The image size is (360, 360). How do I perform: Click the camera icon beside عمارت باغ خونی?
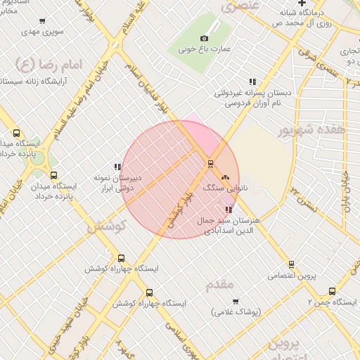click(x=204, y=38)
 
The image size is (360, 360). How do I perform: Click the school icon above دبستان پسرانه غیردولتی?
click(x=252, y=82)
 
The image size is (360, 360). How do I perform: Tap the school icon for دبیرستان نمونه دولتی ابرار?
click(x=117, y=167)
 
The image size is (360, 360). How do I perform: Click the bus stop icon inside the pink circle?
click(x=210, y=164)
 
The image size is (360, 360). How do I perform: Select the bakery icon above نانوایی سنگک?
click(x=226, y=177)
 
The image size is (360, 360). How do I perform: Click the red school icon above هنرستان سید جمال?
click(x=229, y=210)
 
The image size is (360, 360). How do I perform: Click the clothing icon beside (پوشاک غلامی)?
click(x=236, y=302)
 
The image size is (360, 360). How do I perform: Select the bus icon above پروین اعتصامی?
click(x=292, y=264)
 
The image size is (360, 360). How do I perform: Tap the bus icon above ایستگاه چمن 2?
click(x=332, y=291)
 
